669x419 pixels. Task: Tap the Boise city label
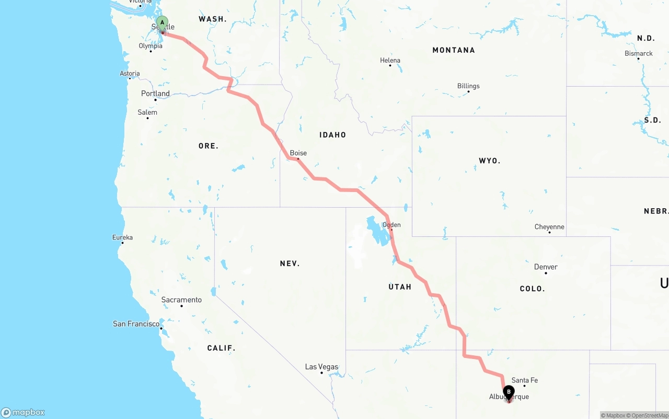(298, 153)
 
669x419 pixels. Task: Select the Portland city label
(155, 94)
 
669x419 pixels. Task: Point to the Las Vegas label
(321, 367)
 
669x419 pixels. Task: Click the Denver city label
(546, 267)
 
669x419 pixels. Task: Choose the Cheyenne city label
(549, 227)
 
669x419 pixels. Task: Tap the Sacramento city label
(181, 300)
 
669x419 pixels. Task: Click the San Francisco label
(136, 324)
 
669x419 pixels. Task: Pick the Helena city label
(390, 61)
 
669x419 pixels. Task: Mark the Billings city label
(468, 86)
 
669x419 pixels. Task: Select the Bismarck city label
(639, 54)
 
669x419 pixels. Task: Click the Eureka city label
(122, 237)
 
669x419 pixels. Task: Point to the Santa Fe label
(524, 380)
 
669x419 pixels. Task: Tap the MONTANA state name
(454, 50)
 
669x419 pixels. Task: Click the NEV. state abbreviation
(290, 264)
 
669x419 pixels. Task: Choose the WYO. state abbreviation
(489, 161)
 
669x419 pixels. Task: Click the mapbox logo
(23, 412)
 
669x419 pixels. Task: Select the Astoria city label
(130, 74)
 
